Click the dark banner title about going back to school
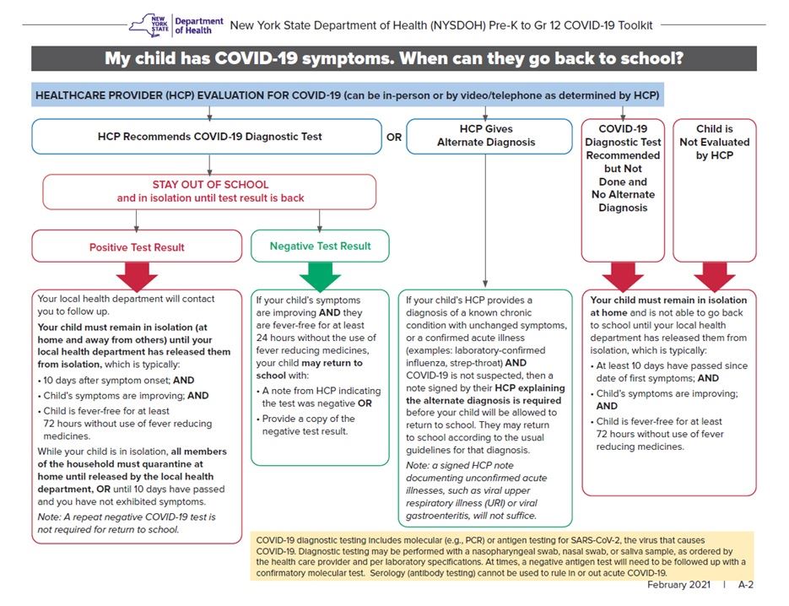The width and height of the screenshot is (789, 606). coord(393,59)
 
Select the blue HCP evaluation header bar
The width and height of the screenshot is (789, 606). coord(347,95)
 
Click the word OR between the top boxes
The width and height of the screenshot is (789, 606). coord(394,137)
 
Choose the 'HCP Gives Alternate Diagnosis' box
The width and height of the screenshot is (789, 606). coord(485,136)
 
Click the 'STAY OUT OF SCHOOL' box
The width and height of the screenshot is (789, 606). coord(210,192)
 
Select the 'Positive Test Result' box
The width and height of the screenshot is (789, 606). coord(137,247)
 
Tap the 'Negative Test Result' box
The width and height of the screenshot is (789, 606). coord(320,246)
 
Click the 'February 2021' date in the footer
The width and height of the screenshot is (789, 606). coord(679,585)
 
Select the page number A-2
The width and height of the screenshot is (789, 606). coord(746,585)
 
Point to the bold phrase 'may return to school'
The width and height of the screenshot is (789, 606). coord(308,369)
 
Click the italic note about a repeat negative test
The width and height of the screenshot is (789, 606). coord(127,523)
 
